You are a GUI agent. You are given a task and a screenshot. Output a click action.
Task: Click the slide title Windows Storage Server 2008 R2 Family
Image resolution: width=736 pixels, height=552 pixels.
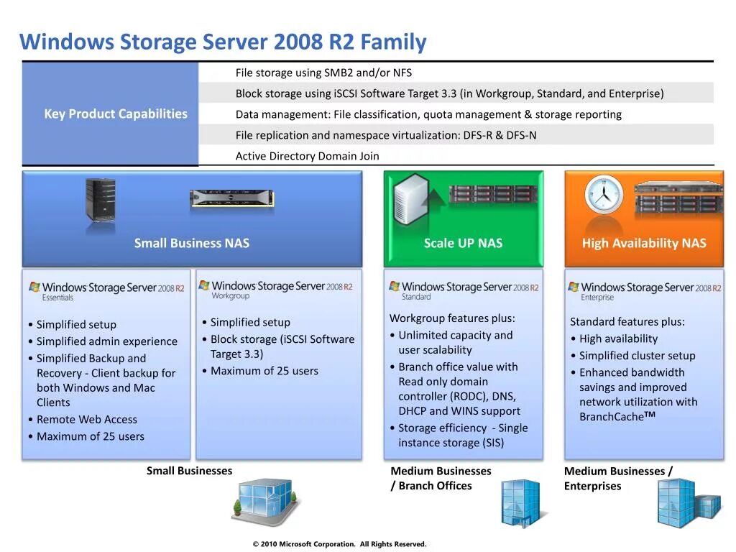(x=223, y=42)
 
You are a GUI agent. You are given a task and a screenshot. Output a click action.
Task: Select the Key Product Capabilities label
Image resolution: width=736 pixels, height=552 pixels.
(x=116, y=114)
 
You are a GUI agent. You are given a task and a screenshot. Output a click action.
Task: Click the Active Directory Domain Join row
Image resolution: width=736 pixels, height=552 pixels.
(x=307, y=156)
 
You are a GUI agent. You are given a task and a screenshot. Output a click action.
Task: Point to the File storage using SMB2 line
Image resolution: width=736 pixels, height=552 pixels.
(x=323, y=73)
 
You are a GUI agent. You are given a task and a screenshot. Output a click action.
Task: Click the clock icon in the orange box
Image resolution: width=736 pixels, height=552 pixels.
(x=603, y=194)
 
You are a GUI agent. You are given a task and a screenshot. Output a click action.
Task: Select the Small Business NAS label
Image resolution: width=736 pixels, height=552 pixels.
(x=192, y=243)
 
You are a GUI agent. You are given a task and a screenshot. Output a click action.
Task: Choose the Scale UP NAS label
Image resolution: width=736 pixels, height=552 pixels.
(x=463, y=243)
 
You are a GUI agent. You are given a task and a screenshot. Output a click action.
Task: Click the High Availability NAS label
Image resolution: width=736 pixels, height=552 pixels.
(x=644, y=243)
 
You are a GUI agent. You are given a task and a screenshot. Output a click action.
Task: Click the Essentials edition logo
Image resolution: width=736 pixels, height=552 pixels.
(x=106, y=290)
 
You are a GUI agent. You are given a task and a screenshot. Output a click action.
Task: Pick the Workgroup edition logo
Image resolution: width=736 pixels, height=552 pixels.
(x=275, y=289)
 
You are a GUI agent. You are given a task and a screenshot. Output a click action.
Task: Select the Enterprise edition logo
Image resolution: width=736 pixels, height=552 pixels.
(x=644, y=290)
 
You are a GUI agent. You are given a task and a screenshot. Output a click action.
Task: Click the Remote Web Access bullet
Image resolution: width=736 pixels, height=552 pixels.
(x=86, y=419)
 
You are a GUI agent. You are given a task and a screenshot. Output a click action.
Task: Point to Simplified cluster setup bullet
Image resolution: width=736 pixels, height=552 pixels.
(x=637, y=355)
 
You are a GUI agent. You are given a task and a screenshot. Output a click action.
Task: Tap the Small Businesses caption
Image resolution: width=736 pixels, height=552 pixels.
(x=190, y=471)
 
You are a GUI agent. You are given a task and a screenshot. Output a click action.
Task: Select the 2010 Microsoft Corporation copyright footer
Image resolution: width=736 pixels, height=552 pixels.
(x=339, y=544)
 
